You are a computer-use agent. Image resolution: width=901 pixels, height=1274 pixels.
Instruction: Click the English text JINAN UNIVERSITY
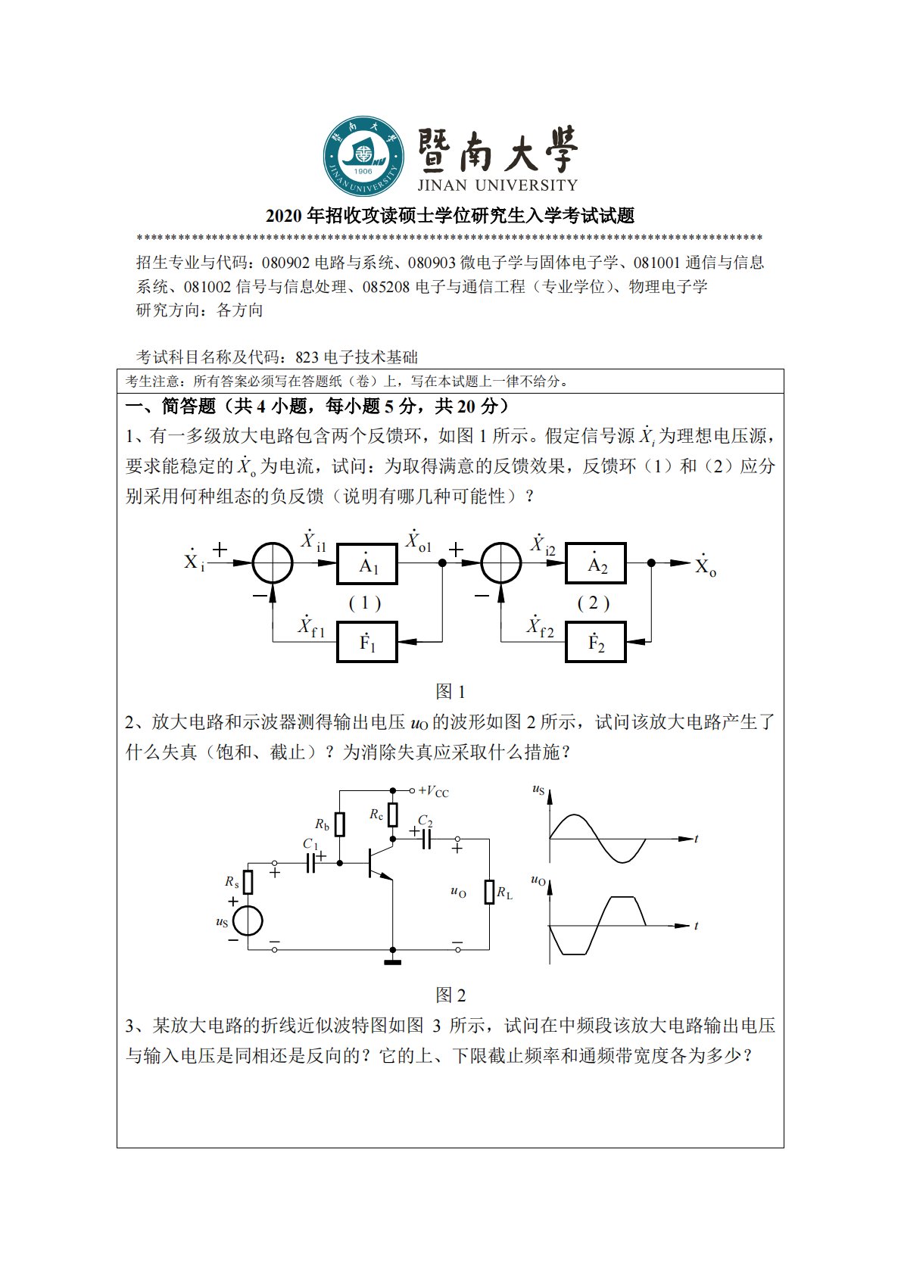pyautogui.click(x=497, y=185)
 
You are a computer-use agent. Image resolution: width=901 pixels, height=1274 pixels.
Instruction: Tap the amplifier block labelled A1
pyautogui.click(x=367, y=564)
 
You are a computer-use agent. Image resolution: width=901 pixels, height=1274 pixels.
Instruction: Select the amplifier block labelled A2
pyautogui.click(x=596, y=564)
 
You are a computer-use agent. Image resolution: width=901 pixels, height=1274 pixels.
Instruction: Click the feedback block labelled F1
pyautogui.click(x=367, y=642)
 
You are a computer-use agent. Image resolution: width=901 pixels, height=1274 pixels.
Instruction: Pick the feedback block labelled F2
pyautogui.click(x=596, y=642)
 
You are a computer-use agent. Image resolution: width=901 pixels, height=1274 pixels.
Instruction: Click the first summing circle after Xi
pyautogui.click(x=272, y=563)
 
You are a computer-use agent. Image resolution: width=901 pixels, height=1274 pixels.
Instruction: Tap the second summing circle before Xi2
pyautogui.click(x=501, y=563)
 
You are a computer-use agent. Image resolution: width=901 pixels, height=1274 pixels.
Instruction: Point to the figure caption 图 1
pyautogui.click(x=450, y=691)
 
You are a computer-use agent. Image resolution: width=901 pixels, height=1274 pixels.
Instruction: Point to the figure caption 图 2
pyautogui.click(x=450, y=995)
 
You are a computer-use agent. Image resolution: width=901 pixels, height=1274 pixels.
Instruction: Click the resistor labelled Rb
pyautogui.click(x=340, y=824)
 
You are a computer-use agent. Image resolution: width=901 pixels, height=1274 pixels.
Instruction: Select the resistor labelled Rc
pyautogui.click(x=392, y=815)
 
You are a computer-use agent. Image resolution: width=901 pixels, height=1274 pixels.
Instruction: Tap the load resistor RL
pyautogui.click(x=489, y=892)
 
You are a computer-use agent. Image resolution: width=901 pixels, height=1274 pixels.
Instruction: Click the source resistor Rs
pyautogui.click(x=248, y=882)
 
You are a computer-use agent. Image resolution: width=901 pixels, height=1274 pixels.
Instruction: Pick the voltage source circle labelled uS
pyautogui.click(x=248, y=921)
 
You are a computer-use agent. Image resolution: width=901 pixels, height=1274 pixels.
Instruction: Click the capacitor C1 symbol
pyautogui.click(x=310, y=863)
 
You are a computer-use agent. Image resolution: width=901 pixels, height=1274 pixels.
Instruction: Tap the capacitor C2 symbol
pyautogui.click(x=426, y=838)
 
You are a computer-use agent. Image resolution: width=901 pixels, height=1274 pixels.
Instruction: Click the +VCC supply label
pyautogui.click(x=433, y=792)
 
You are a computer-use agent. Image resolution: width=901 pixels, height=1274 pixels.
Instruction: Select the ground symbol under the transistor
pyautogui.click(x=392, y=962)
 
